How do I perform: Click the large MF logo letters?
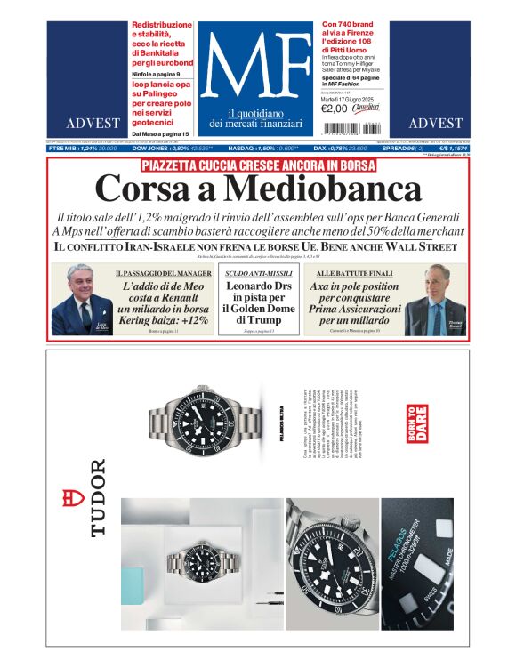pos(256,66)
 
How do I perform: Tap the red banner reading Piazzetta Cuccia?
pos(258,165)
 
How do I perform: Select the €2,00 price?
pos(335,109)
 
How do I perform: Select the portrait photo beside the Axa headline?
pos(436,300)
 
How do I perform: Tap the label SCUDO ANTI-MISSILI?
pos(256,273)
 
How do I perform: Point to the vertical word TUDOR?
pos(97,497)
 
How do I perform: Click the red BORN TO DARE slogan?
pos(416,424)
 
